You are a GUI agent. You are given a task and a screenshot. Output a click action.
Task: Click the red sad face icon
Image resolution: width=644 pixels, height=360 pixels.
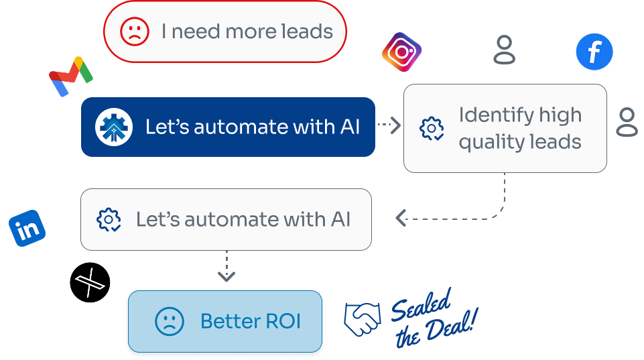[134, 32]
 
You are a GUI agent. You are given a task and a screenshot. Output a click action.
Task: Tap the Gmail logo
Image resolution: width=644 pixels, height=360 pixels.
[70, 76]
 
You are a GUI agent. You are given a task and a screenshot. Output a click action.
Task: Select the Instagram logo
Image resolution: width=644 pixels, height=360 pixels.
[401, 52]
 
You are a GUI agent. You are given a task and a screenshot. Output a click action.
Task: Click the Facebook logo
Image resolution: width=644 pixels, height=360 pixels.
[594, 52]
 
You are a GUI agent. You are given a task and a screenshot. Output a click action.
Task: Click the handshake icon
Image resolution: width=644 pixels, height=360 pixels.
[363, 318]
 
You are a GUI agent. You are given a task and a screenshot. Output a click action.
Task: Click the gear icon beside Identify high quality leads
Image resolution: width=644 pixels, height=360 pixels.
[432, 128]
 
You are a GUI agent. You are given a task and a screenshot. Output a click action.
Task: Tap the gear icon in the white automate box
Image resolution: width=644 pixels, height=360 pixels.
[109, 220]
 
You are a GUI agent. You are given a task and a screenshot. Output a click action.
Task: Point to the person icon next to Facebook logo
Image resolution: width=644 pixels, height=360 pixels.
[505, 50]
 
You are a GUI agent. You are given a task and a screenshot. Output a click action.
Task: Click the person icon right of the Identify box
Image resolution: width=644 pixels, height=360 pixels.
[627, 122]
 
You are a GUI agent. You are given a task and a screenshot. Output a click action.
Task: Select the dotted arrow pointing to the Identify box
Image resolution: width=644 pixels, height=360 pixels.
[389, 125]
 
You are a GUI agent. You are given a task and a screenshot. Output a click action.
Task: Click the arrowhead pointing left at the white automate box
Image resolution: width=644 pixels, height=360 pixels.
[401, 218]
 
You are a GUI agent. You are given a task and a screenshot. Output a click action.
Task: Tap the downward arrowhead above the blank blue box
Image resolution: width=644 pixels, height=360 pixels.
[227, 276]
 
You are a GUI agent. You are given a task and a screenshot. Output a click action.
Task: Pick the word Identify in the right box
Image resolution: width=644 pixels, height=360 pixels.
[491, 115]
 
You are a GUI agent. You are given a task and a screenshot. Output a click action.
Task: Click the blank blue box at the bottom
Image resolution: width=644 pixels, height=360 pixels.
[226, 321]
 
